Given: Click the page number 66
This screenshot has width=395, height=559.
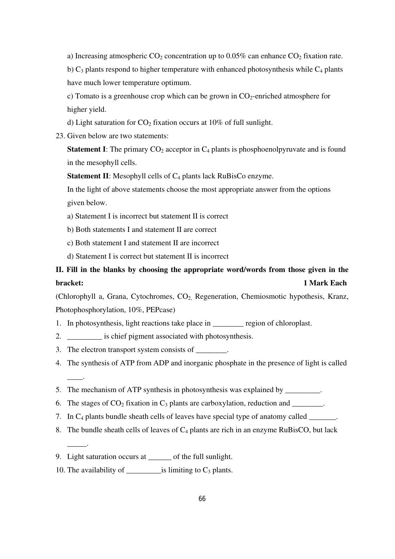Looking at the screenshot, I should [x=202, y=499].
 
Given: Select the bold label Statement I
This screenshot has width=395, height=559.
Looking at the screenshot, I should [x=86, y=149].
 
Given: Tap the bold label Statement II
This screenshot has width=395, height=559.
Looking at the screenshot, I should [x=88, y=176].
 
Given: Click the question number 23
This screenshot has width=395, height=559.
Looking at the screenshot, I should [x=60, y=136].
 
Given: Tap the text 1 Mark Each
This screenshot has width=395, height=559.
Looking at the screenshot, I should [x=325, y=283].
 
